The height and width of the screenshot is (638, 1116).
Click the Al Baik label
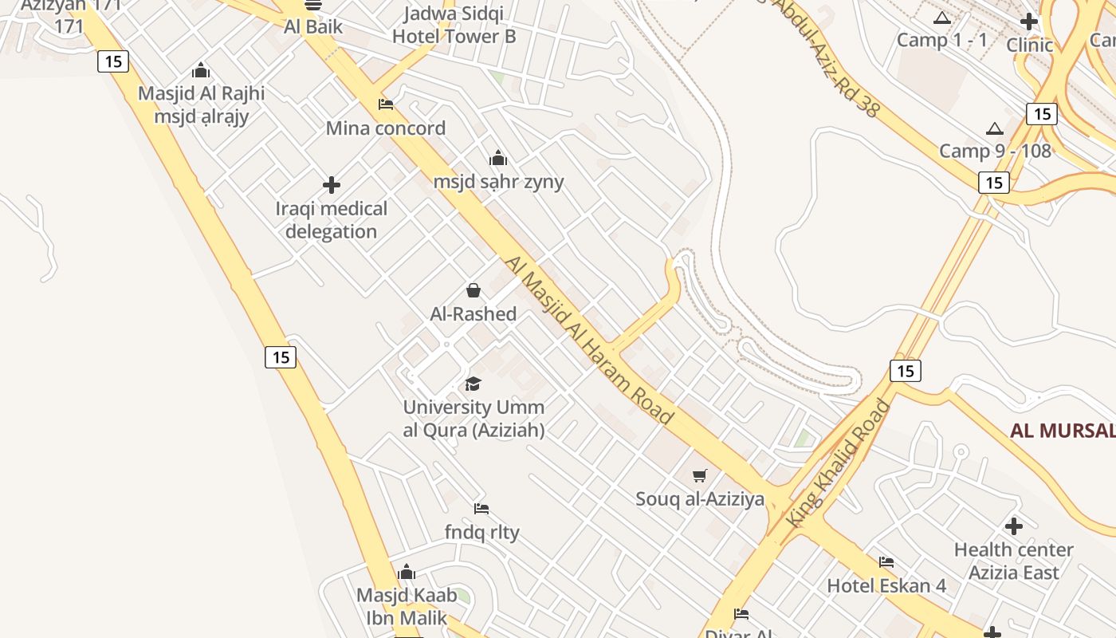point(313,27)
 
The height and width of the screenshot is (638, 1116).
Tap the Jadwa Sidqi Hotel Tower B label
point(454,25)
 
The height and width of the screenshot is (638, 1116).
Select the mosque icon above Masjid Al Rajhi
point(201,70)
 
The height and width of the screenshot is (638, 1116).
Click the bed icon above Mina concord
point(386,104)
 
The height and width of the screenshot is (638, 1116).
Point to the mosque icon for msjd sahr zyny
point(498,158)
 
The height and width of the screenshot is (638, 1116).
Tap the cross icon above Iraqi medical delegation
point(332,186)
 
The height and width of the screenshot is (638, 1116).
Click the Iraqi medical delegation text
point(332,220)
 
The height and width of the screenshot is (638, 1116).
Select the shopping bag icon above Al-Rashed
point(474,290)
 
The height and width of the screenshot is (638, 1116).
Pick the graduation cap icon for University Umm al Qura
point(474,384)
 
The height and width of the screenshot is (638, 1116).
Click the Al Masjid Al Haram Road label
point(589,340)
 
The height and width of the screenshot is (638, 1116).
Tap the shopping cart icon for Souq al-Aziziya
point(700,476)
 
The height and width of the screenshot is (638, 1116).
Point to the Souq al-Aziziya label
point(700,499)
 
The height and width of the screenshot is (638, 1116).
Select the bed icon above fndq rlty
point(481,509)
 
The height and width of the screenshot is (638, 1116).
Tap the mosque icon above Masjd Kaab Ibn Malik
point(407,572)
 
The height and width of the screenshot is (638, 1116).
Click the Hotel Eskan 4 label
point(886,586)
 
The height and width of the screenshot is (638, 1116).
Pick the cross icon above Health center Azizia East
point(1014,526)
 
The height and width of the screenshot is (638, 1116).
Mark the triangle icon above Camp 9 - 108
point(995,128)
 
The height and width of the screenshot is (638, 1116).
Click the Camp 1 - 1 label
point(942,40)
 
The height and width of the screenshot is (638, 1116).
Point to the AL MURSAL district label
point(1063,431)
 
